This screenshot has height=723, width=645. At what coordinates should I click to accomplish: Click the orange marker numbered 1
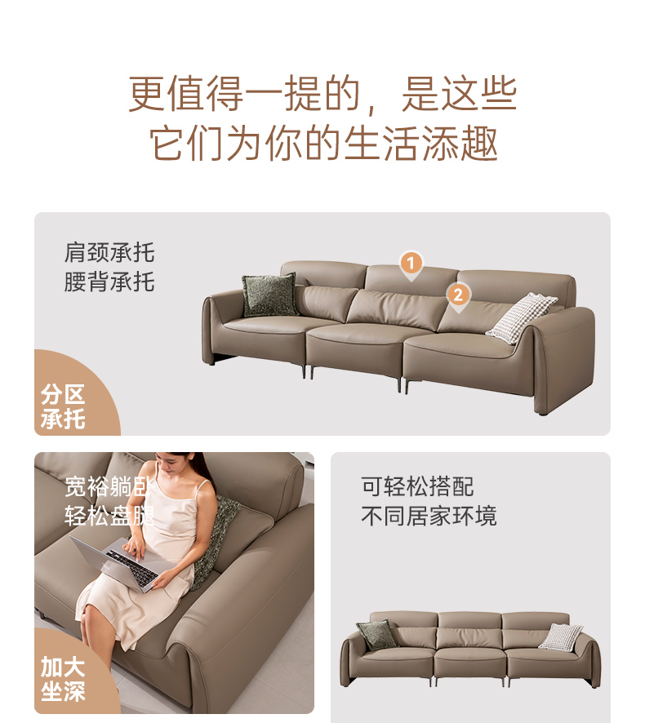[411, 265]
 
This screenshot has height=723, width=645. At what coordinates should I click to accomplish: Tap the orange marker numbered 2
[458, 296]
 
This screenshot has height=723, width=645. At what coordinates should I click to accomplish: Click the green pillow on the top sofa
[269, 295]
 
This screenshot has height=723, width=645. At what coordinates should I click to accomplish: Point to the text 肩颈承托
[109, 253]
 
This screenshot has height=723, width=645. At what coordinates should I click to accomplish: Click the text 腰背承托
[109, 282]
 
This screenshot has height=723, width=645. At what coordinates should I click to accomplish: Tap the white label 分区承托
[63, 406]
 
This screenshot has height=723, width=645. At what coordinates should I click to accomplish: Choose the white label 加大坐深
[63, 679]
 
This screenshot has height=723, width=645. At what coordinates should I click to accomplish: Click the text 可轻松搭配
[417, 486]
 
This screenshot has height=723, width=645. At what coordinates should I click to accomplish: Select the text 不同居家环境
[429, 516]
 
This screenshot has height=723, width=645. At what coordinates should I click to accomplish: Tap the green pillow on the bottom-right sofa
[376, 635]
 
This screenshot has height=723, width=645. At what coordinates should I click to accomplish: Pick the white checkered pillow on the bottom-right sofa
[561, 637]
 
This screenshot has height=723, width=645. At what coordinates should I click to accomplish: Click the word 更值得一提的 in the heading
[243, 94]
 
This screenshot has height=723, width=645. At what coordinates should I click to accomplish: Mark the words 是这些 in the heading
[460, 94]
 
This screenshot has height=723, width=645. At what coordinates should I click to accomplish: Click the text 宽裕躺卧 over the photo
[109, 486]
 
